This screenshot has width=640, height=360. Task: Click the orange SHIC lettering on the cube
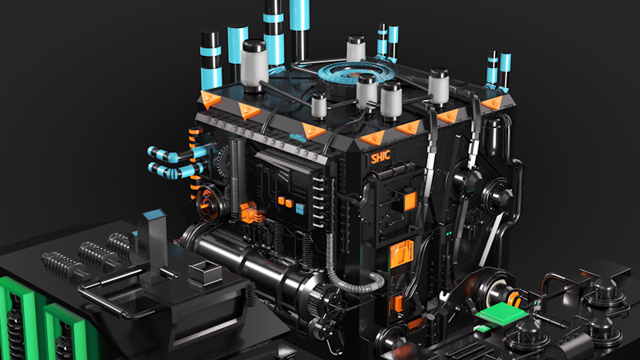pyautogui.click(x=381, y=156)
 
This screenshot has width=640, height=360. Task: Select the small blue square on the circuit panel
pyautogui.click(x=300, y=209)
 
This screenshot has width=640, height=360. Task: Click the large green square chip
pyautogui.click(x=502, y=314)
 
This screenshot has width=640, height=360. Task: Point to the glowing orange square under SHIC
pyautogui.click(x=410, y=201)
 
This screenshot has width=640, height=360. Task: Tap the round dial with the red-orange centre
pyautogui.click(x=207, y=203)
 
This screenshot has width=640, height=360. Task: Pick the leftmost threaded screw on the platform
pyautogui.click(x=66, y=266)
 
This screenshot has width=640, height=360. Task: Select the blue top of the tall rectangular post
pyautogui.click(x=154, y=214)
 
